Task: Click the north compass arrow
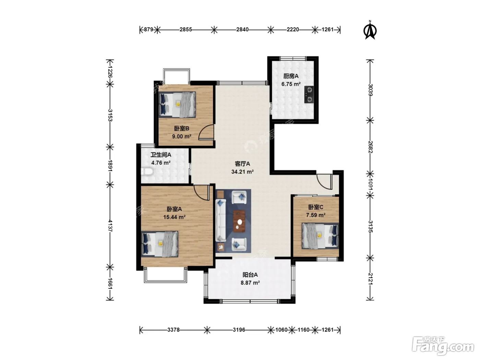[x=370, y=31]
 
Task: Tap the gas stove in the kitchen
[x=309, y=94]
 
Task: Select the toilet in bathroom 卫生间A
[x=146, y=171]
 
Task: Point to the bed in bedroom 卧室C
[x=320, y=236]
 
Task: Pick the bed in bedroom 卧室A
[x=160, y=244]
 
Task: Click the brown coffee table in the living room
[x=239, y=221]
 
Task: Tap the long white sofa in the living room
[x=221, y=220]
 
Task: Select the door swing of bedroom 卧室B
[x=206, y=132]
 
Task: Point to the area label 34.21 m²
[x=242, y=172]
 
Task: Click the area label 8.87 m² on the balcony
[x=250, y=283]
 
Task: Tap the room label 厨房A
[x=291, y=76]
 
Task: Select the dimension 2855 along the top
[x=186, y=29]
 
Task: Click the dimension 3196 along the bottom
[x=239, y=330]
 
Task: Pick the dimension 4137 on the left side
[x=110, y=226]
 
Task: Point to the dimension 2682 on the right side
[x=370, y=147]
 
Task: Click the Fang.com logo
[x=443, y=347]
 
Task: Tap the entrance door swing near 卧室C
[x=325, y=181]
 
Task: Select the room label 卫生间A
[x=161, y=155]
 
